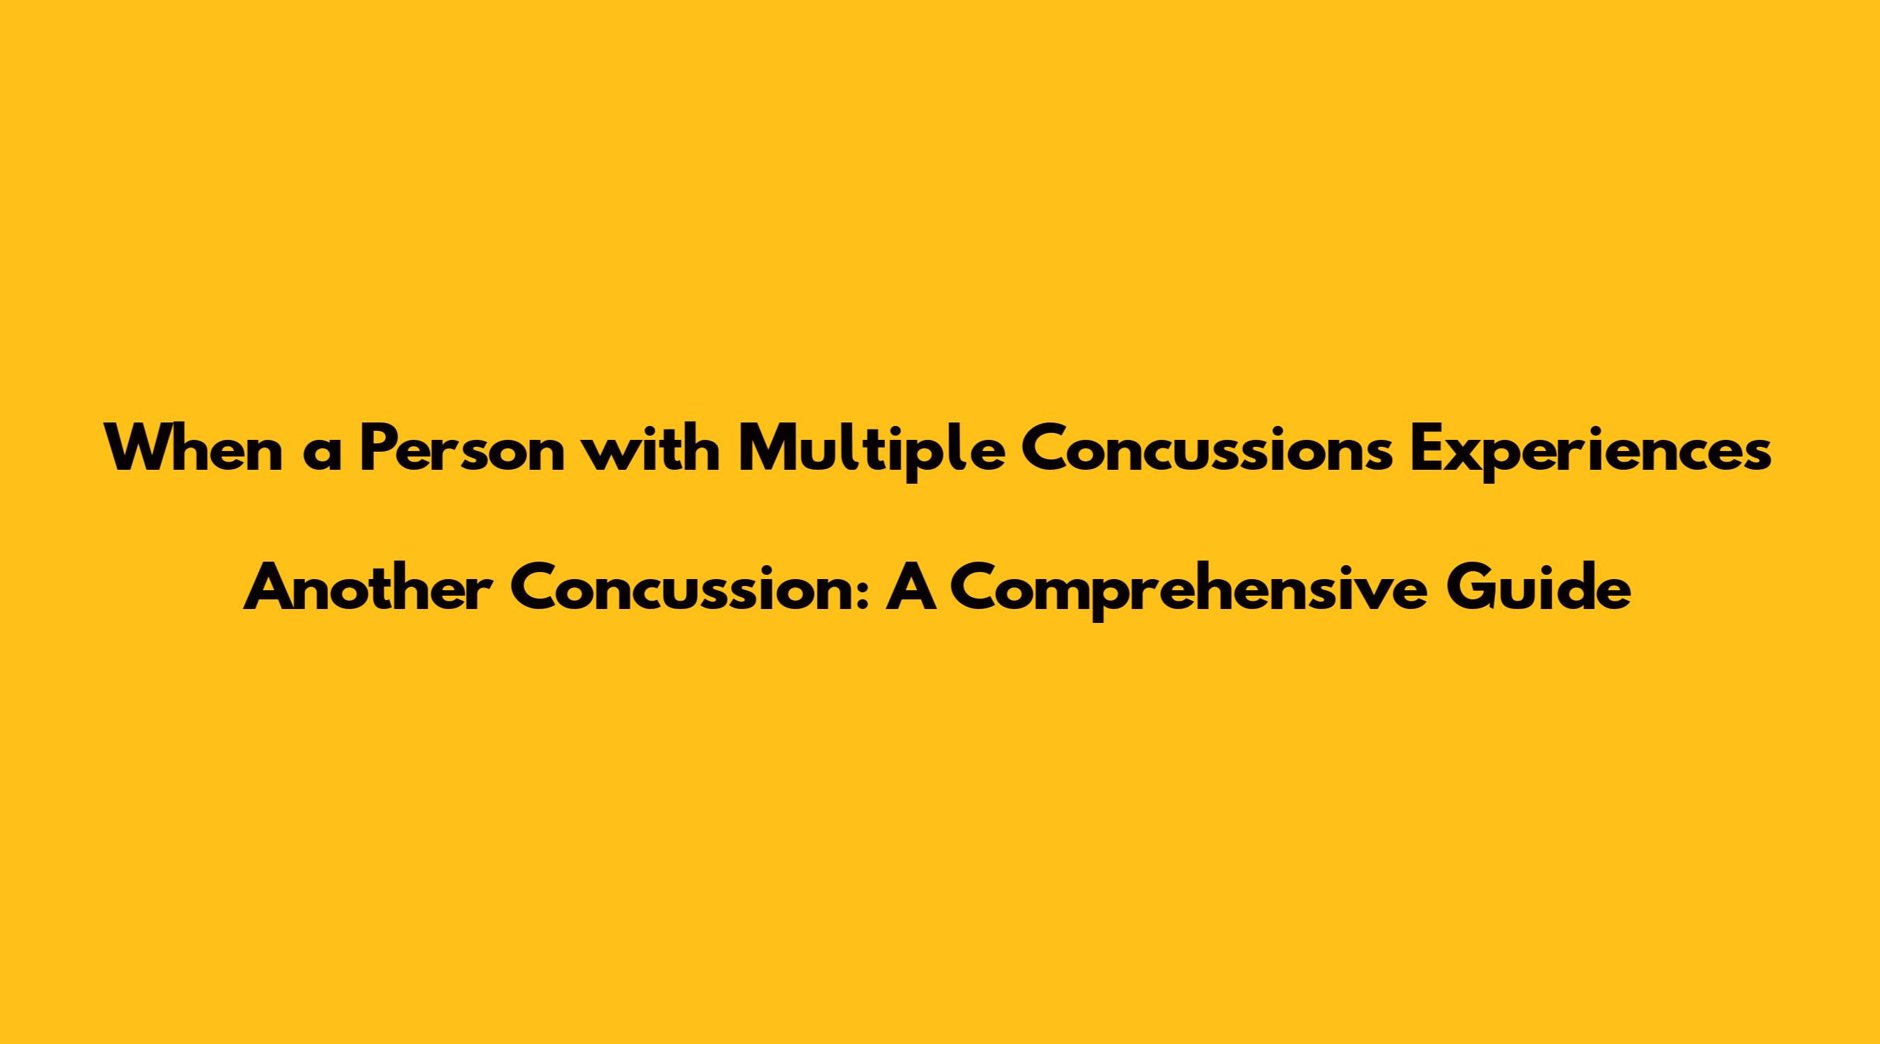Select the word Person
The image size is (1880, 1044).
point(463,449)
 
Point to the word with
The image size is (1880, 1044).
point(653,449)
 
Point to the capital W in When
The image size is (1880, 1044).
point(139,449)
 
